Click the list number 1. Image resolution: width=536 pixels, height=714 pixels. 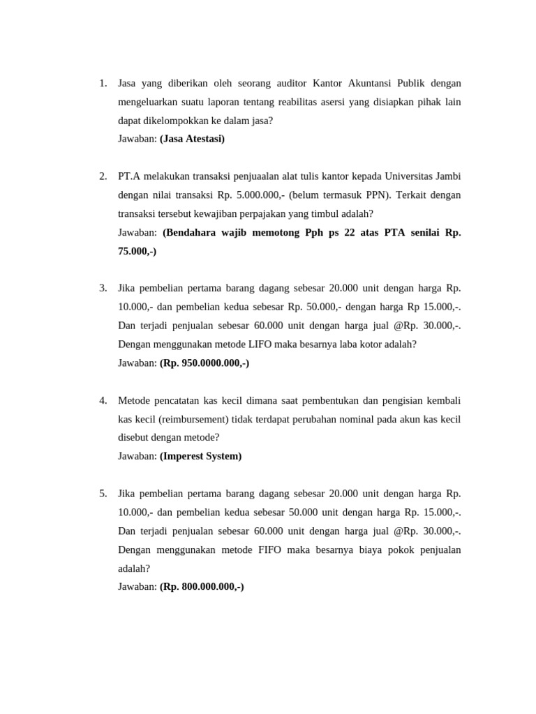click(103, 84)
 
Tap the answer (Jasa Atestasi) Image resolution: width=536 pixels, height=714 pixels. click(192, 139)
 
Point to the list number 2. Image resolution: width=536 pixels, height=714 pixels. click(103, 176)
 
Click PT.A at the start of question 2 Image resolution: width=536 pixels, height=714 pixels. click(131, 176)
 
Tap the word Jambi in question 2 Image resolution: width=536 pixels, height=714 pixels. click(447, 176)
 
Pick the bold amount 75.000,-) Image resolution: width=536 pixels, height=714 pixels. click(137, 251)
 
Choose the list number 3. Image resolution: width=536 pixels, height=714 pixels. click(103, 288)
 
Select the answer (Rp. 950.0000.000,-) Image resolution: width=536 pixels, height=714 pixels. click(204, 363)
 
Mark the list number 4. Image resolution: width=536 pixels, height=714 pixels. click(103, 400)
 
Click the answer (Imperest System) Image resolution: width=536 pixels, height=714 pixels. click(200, 456)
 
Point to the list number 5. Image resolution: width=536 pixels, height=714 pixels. click(103, 494)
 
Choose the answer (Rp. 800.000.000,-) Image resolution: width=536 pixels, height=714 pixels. click(202, 586)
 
